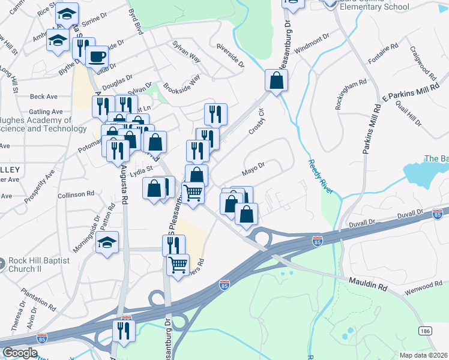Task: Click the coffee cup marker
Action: point(96,57)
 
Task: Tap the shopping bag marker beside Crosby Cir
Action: point(276,80)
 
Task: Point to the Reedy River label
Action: point(321,176)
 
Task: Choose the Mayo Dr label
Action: point(253,170)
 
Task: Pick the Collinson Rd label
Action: point(76,194)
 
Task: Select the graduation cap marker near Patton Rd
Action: point(107,242)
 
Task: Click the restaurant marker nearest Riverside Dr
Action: point(215,114)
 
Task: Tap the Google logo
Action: point(20,353)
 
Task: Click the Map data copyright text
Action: point(424,355)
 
